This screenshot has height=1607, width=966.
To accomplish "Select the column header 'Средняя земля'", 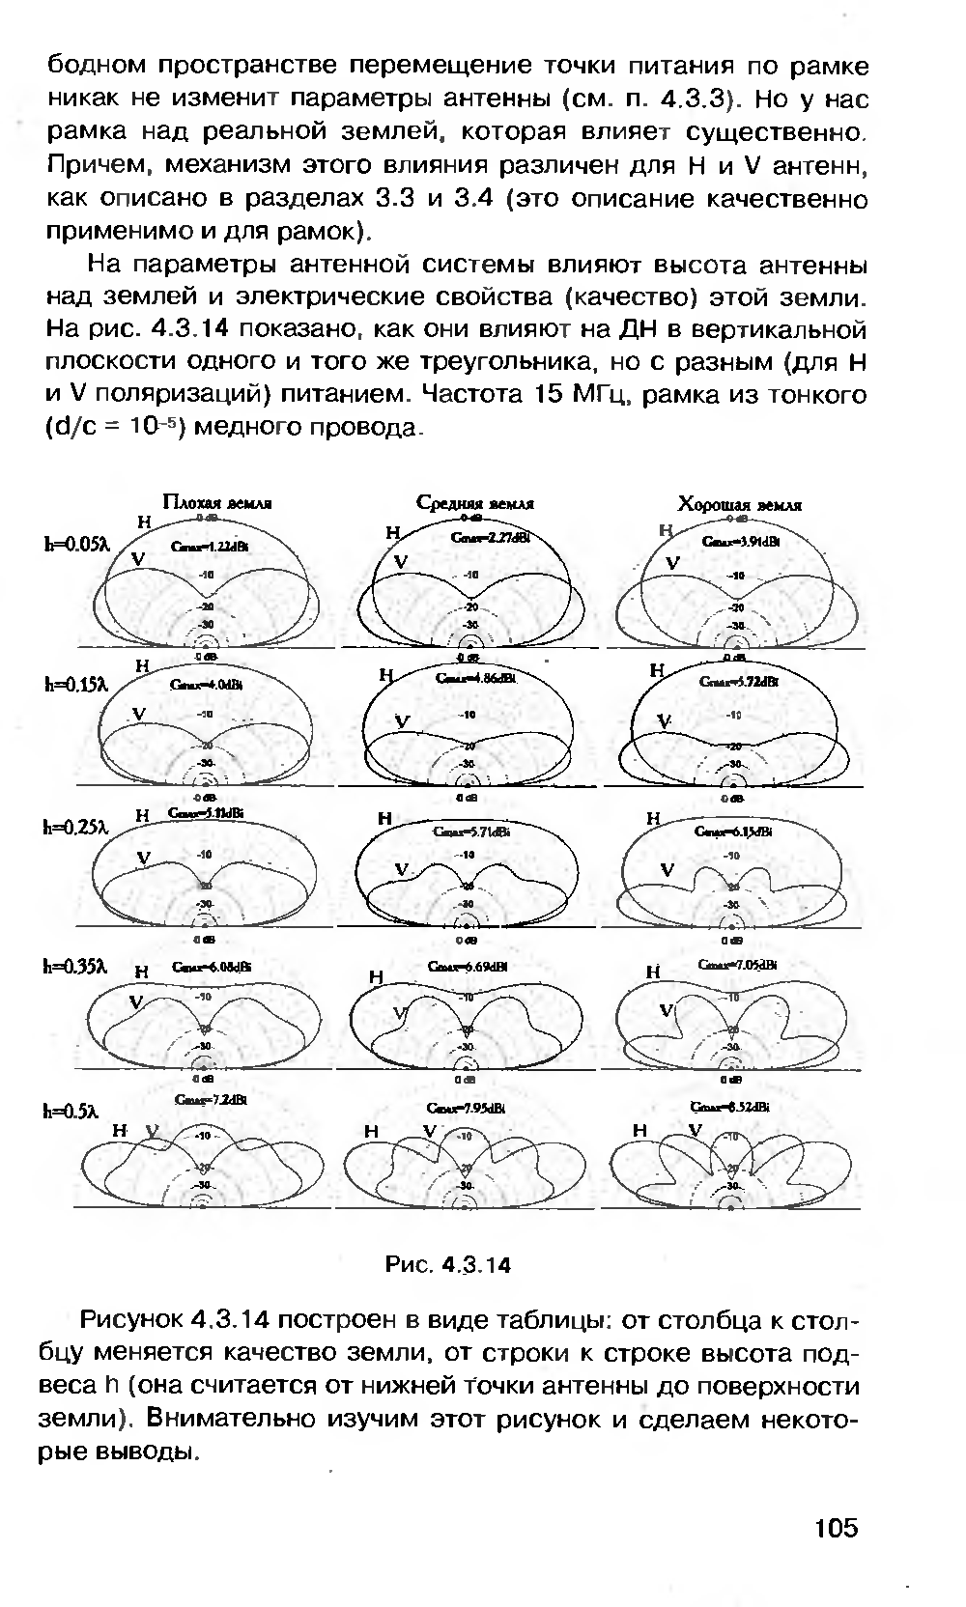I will [x=475, y=503].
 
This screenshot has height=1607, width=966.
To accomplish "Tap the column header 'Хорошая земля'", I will [x=740, y=504].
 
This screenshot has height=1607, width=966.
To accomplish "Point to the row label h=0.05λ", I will [x=78, y=544].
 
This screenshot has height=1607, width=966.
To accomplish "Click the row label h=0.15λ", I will [x=78, y=685].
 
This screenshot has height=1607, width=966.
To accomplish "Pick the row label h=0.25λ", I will [x=78, y=827].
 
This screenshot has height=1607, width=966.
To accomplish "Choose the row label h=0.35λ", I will [x=78, y=967].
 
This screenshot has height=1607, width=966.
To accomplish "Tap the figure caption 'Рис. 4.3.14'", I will [x=447, y=1265].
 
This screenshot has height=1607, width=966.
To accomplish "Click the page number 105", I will [x=836, y=1528].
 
